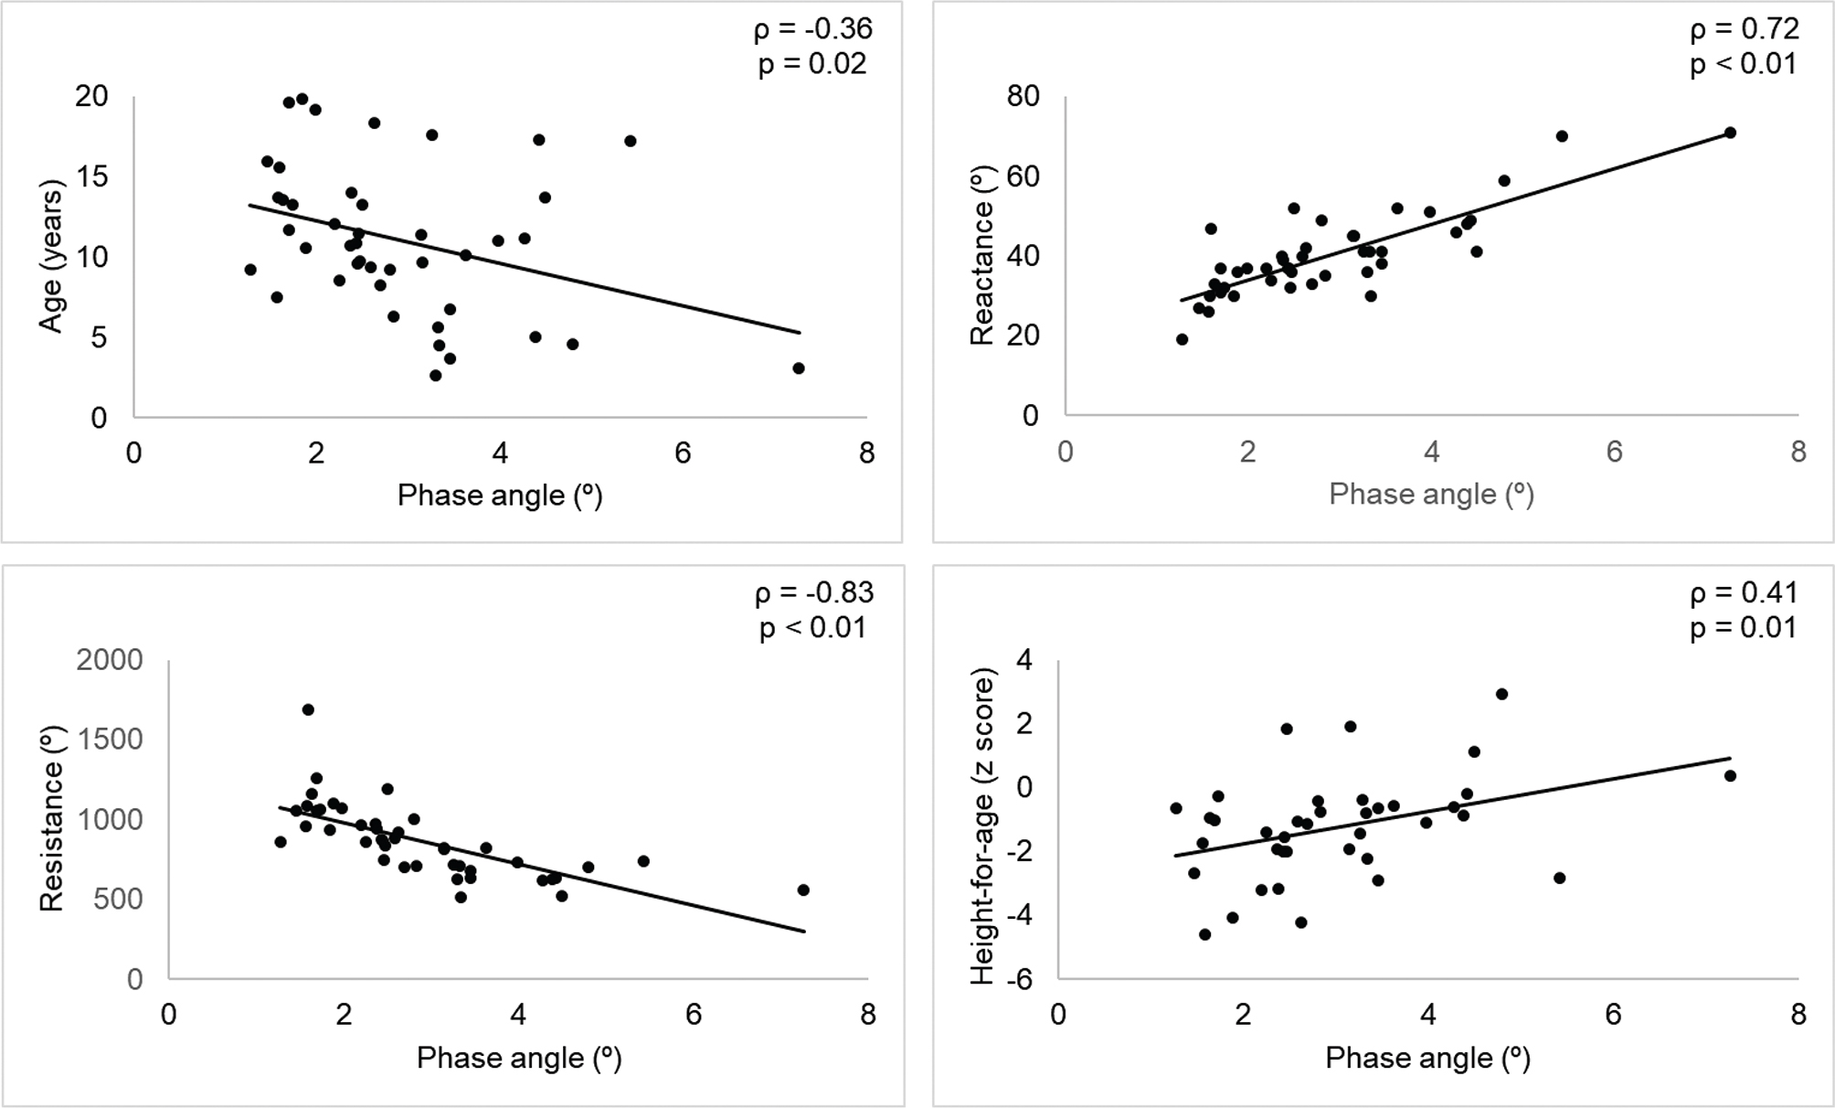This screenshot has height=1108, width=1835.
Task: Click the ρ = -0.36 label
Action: coord(813,30)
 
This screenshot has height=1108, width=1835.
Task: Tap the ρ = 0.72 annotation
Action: coord(1745,30)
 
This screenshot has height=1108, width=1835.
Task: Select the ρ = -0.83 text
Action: coord(814,594)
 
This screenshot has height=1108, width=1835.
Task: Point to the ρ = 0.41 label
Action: coord(1744,594)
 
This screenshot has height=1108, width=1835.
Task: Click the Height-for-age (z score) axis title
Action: coord(981,831)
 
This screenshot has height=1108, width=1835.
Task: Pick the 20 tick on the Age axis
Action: coord(91,96)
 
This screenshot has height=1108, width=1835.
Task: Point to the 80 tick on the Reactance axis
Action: coord(1023,96)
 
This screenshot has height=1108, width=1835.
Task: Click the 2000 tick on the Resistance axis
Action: coord(110,660)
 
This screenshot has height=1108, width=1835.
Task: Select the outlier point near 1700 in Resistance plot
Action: coord(308,709)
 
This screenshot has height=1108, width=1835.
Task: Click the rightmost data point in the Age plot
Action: coord(799,368)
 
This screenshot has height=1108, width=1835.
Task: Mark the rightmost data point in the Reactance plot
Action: coord(1730,133)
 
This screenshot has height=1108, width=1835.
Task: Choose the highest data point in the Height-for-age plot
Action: coord(1501,694)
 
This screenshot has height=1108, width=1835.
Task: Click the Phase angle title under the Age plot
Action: coord(500,495)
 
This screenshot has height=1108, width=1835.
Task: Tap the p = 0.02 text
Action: coord(813,65)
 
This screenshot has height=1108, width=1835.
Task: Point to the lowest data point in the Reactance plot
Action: coord(1182,339)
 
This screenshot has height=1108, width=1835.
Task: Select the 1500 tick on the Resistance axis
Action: coord(110,740)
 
